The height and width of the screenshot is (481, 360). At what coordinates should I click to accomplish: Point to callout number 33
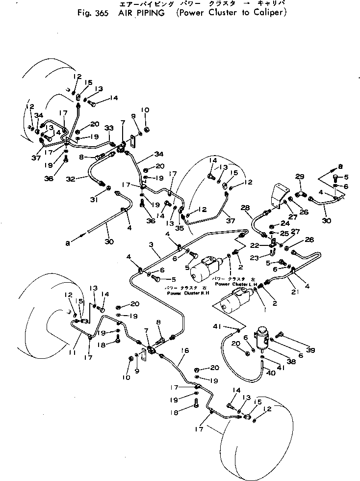pos(110,128)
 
